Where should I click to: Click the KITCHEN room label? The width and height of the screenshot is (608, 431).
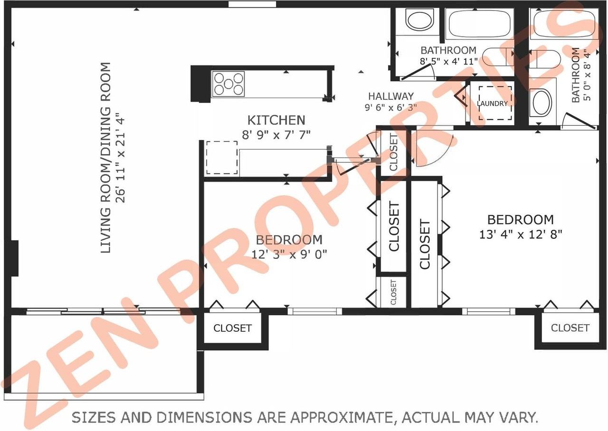[x=276, y=120]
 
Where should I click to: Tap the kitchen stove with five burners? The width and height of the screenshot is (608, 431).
[x=228, y=84]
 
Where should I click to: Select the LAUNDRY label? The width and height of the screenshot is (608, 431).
[x=493, y=103]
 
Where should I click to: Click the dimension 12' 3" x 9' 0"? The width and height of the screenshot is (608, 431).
[x=289, y=254]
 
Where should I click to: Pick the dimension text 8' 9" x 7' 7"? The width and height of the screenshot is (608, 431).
[x=276, y=135]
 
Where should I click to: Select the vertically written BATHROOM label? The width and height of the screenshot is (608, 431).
[x=575, y=75]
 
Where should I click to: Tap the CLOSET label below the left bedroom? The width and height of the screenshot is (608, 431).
[x=232, y=328]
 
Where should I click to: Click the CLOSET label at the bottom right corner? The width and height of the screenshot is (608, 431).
[x=570, y=328]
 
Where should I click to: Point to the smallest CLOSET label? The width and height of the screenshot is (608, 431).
[x=393, y=292]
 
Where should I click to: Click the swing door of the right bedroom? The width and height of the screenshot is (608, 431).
[x=430, y=148]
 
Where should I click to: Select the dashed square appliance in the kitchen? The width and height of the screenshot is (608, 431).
[x=221, y=157]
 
